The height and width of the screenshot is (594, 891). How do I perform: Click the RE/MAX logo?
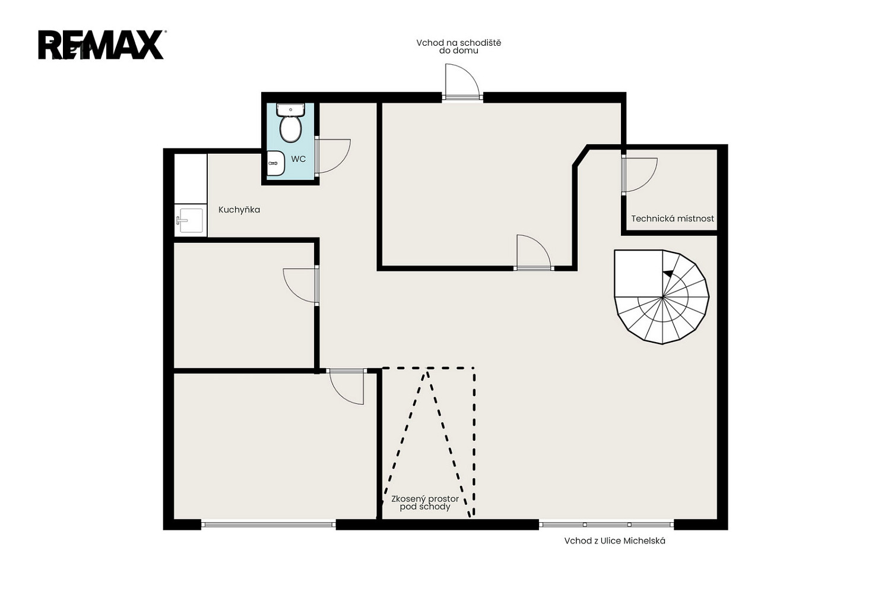click(x=102, y=45)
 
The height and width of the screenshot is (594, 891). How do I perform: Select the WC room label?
click(x=299, y=159)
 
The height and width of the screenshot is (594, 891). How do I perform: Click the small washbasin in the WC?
click(x=275, y=163)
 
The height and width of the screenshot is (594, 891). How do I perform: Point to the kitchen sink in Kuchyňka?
click(x=191, y=220)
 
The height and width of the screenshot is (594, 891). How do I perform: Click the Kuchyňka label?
click(x=239, y=210)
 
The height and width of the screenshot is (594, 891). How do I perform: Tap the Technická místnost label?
click(x=673, y=219)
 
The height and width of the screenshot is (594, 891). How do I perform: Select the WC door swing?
click(x=332, y=156)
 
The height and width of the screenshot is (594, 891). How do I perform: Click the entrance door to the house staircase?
click(x=462, y=82)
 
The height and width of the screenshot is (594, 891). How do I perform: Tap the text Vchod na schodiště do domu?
click(x=459, y=46)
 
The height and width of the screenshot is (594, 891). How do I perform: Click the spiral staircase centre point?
click(x=662, y=297)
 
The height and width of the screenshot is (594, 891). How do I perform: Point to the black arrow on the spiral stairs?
click(x=668, y=273)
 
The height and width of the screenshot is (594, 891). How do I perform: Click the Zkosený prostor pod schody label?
click(x=425, y=503)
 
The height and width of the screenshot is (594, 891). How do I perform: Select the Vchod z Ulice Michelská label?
click(x=614, y=541)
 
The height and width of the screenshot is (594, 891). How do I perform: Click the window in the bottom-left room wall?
click(x=268, y=525)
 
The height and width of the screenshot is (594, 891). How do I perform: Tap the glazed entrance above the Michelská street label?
click(x=607, y=525)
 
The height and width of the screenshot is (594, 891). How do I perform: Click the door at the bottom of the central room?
click(x=534, y=253)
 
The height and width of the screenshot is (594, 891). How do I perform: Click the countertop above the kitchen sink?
click(x=191, y=179)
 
